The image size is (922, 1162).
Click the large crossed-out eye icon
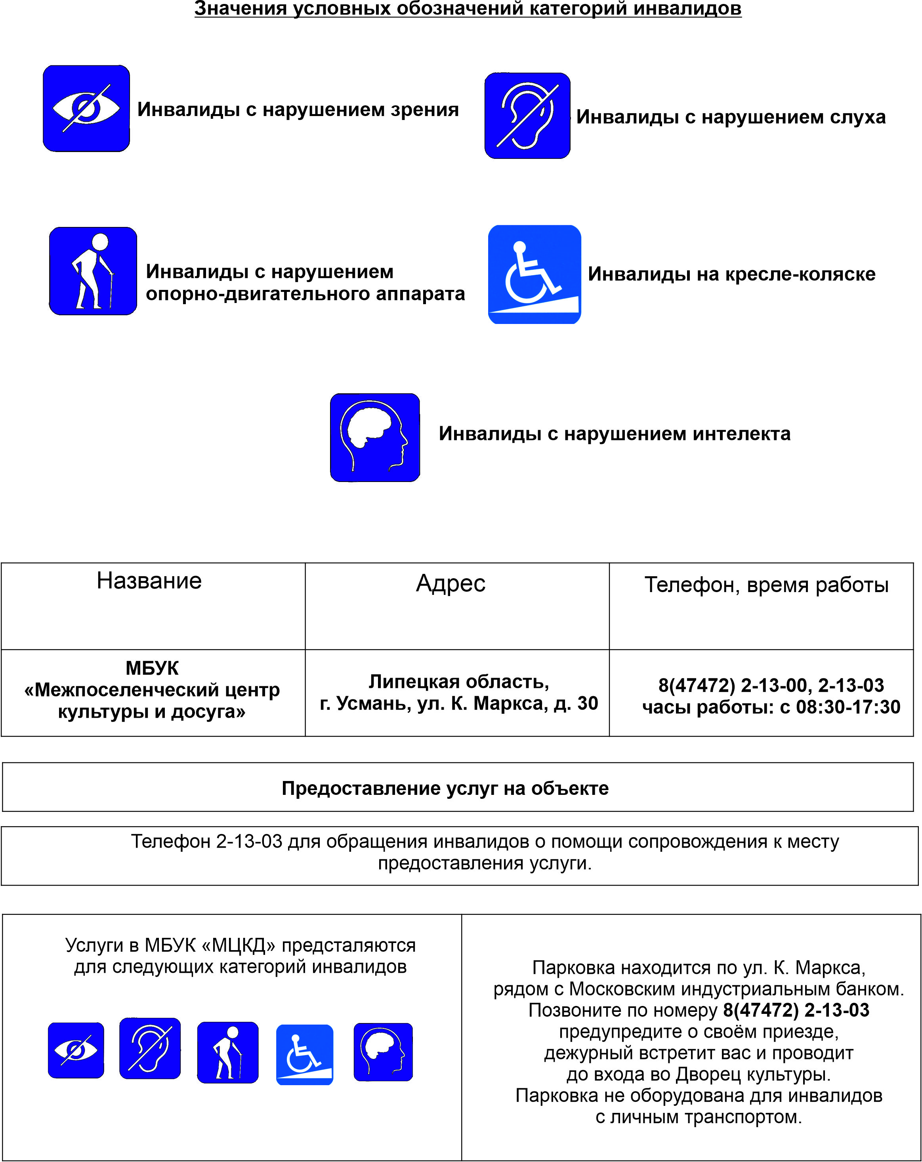point(86,109)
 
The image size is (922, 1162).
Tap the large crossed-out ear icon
point(527,116)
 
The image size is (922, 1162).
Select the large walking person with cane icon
point(93,271)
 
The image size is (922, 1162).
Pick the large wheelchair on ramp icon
point(534,274)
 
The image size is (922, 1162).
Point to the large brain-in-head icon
point(375,438)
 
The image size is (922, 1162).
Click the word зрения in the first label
point(424,110)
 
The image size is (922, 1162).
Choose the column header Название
point(149,581)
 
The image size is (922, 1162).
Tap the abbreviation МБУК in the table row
point(152,668)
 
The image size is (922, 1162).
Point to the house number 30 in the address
point(588,703)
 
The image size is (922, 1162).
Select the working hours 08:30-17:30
point(848,707)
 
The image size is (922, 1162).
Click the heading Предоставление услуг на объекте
point(445,789)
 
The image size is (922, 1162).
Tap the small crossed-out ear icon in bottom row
point(150,1048)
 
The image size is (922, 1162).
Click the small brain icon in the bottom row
point(383,1052)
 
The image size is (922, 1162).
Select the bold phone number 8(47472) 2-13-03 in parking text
point(796,1010)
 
